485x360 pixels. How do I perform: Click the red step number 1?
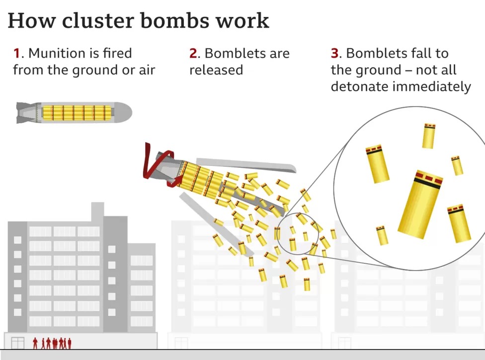(x=17, y=53)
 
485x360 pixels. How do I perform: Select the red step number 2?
(x=193, y=53)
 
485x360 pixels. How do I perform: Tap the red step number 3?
(x=334, y=53)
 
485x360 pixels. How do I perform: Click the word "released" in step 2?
(x=216, y=70)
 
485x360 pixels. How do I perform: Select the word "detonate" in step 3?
(x=359, y=86)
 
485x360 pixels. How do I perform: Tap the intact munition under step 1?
(x=75, y=113)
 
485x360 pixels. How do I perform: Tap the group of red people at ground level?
(x=52, y=343)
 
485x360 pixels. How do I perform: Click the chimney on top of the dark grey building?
(x=98, y=211)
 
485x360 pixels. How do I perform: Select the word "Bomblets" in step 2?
(x=233, y=53)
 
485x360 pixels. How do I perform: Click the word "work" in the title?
(x=245, y=20)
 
